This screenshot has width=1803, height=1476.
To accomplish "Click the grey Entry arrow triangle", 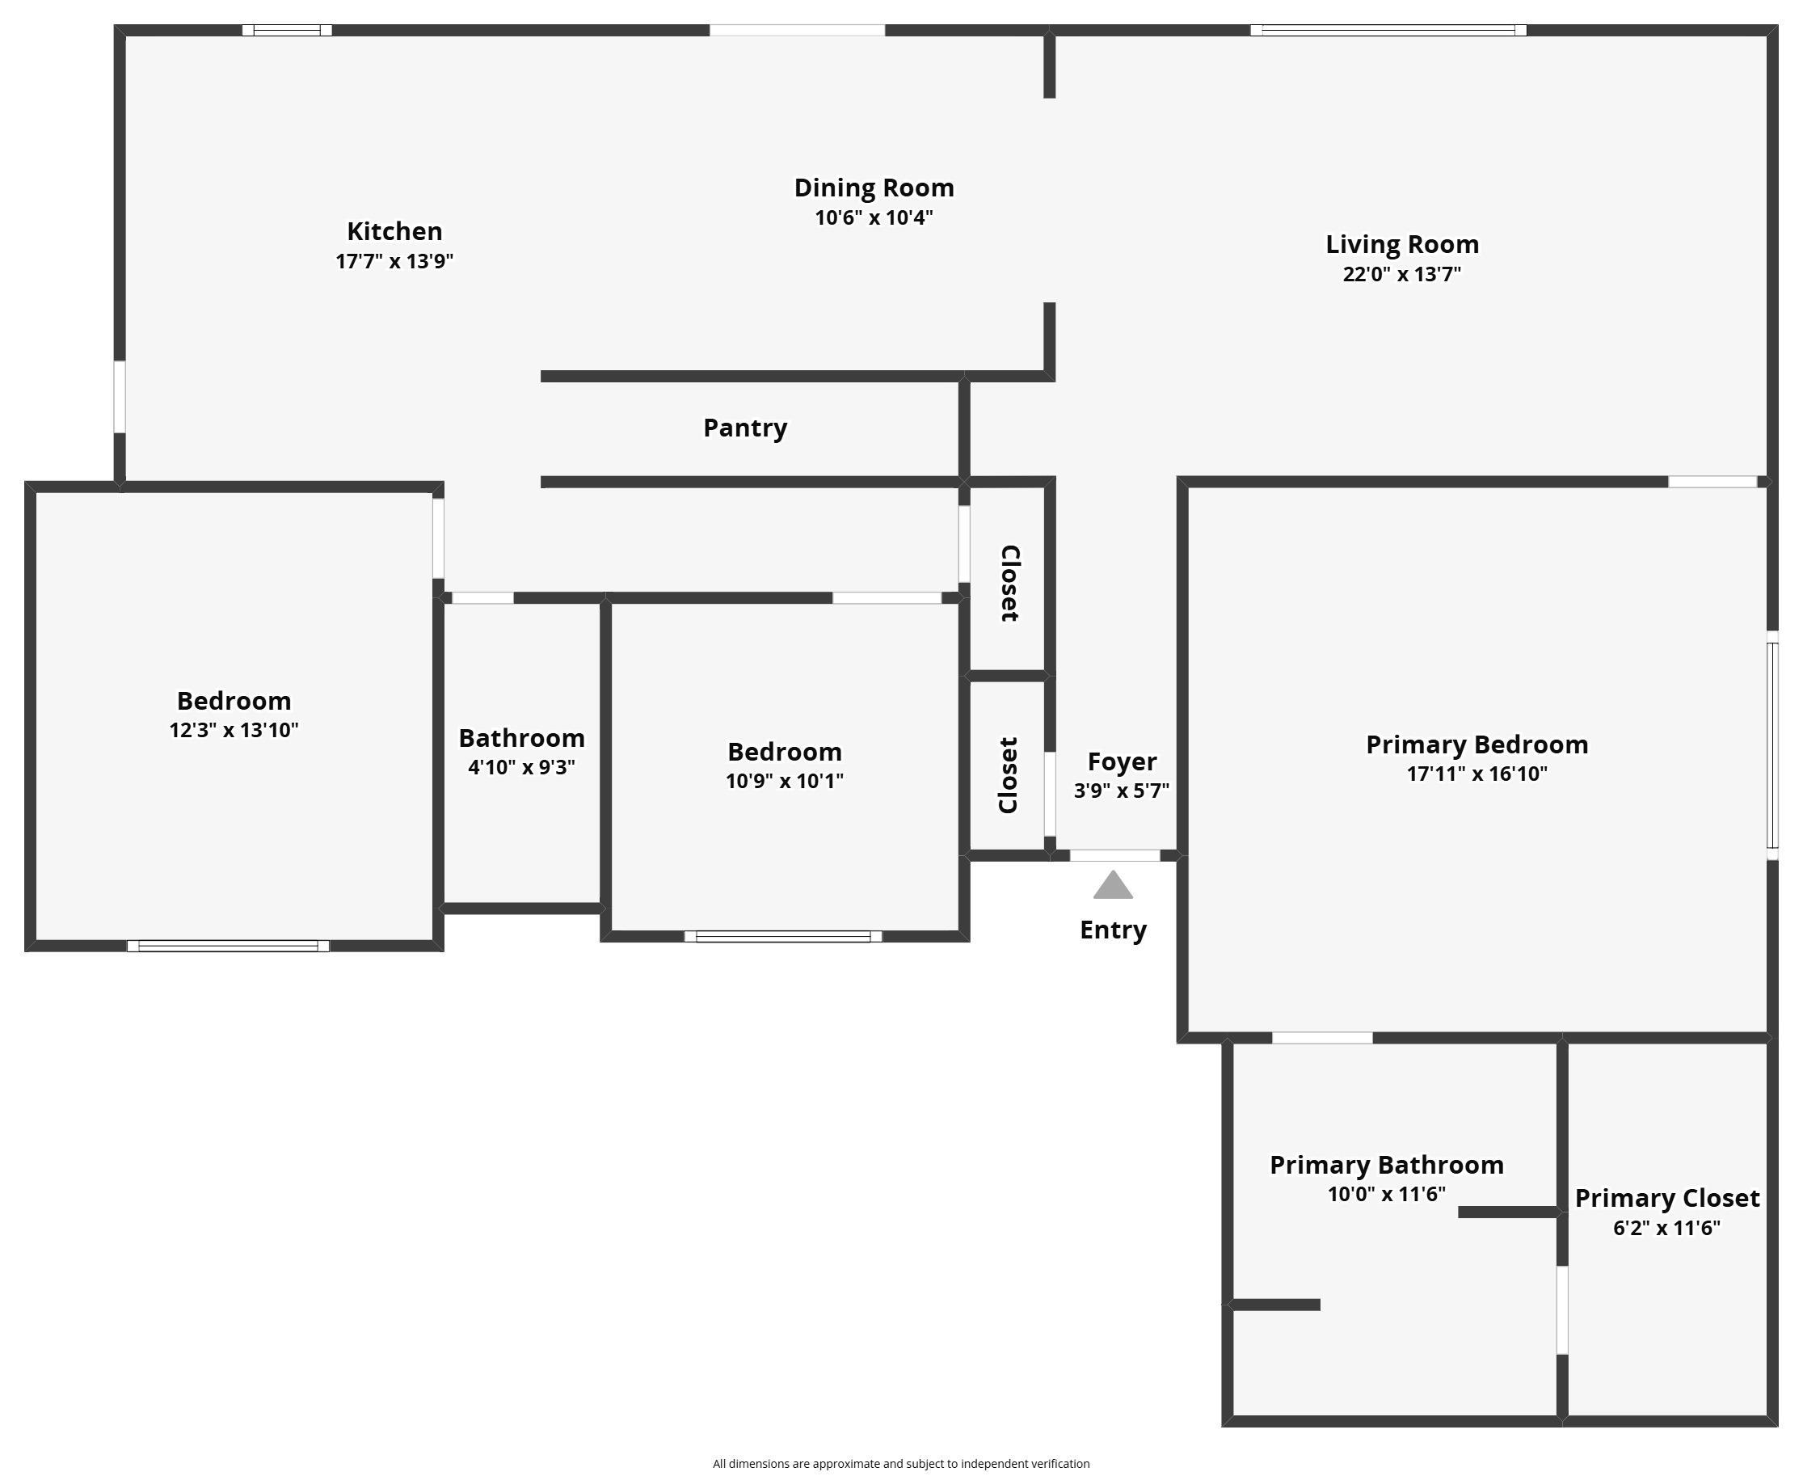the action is [x=1113, y=886].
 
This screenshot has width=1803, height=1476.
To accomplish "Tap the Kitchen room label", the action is [x=394, y=231].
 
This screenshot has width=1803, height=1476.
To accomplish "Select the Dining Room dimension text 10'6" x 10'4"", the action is [x=874, y=217].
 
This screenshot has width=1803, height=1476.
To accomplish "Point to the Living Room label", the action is [x=1402, y=245].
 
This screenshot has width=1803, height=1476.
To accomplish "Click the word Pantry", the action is [x=744, y=428].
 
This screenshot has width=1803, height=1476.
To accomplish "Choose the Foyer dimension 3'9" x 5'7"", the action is [x=1121, y=791].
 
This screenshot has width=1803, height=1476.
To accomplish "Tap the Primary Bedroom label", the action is [x=1477, y=744].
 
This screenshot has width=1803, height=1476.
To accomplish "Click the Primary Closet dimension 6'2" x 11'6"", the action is [x=1666, y=1228].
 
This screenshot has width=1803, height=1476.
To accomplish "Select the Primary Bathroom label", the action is [x=1387, y=1165].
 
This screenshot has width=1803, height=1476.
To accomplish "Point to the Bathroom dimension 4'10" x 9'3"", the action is [x=521, y=767].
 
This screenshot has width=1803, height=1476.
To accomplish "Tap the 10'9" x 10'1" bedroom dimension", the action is [x=784, y=781].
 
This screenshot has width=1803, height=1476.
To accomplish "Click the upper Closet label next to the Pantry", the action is [x=1009, y=584].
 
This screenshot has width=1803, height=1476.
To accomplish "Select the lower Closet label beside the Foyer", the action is [x=1009, y=775].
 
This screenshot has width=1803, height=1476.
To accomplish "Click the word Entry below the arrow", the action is [x=1113, y=930].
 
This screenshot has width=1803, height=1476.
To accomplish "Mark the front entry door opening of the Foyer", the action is [x=1114, y=855].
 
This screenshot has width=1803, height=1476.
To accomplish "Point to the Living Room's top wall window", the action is [x=1388, y=31].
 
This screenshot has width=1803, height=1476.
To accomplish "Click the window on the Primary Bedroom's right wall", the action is [x=1772, y=745].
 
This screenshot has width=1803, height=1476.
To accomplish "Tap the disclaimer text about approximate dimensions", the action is [x=901, y=1463].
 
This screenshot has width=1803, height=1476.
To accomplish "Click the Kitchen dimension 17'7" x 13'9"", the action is [x=394, y=261].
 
